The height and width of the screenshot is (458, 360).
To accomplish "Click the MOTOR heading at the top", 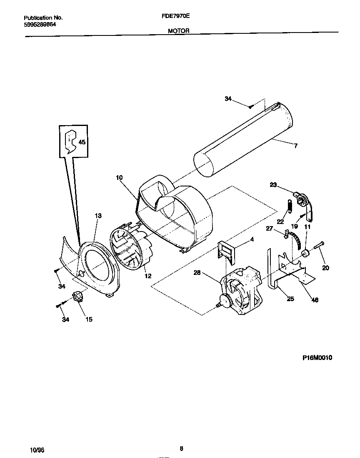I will pyautogui.click(x=179, y=31).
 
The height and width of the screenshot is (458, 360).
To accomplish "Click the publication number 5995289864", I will pyautogui.click(x=40, y=25).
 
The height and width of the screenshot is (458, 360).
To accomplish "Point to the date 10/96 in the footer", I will pyautogui.click(x=37, y=450).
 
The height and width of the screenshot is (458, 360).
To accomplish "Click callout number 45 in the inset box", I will pyautogui.click(x=82, y=142).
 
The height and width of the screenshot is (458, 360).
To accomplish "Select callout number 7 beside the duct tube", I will pyautogui.click(x=295, y=146).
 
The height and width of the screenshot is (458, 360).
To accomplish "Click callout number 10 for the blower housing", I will pyautogui.click(x=119, y=178).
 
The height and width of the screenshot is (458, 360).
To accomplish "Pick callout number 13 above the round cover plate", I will pyautogui.click(x=98, y=216).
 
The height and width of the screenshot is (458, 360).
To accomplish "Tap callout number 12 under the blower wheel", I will pyautogui.click(x=147, y=276).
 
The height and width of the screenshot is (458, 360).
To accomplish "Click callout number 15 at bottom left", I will pyautogui.click(x=89, y=320).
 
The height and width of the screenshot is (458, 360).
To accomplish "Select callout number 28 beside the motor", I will pyautogui.click(x=197, y=273).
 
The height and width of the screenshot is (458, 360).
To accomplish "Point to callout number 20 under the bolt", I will pyautogui.click(x=325, y=268).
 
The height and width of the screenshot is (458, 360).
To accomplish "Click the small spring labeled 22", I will pyautogui.click(x=287, y=206).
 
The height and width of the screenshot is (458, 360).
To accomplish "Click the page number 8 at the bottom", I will pyautogui.click(x=181, y=449).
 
